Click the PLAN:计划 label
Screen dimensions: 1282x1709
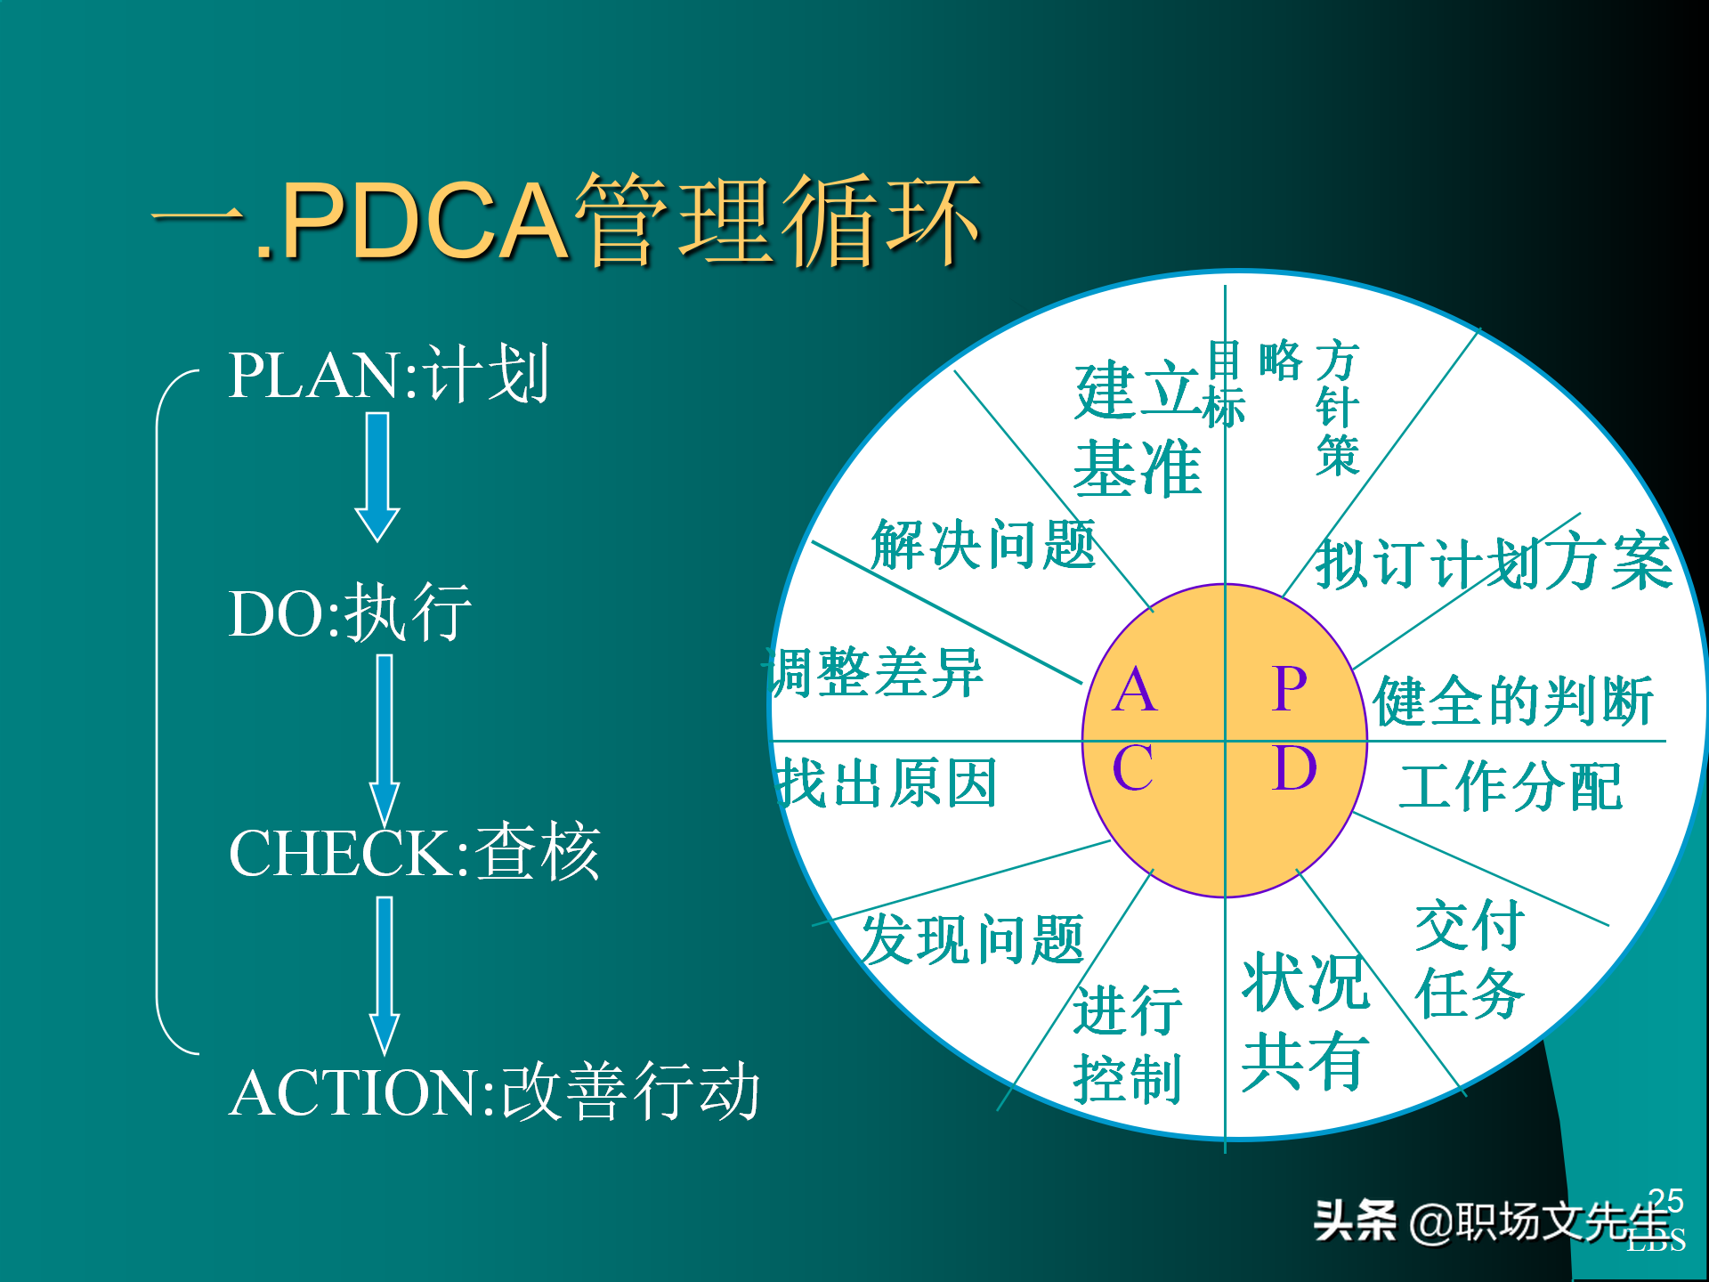pos(388,375)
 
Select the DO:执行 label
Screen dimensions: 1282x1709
pos(350,613)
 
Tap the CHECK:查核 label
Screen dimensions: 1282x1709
pos(414,853)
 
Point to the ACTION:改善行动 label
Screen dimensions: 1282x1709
pos(494,1091)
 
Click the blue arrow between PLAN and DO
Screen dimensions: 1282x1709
pos(377,476)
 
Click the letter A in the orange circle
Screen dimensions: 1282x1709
pos(1135,690)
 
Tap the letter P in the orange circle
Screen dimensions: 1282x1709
pos(1290,688)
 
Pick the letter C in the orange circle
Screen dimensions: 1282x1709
pos(1133,767)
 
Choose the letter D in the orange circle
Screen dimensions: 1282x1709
pos(1293,767)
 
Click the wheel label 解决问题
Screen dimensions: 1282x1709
pos(983,544)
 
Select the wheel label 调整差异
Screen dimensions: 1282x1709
pos(877,673)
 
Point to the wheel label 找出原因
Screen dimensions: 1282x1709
pos(887,783)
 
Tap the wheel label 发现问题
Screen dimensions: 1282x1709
pos(972,939)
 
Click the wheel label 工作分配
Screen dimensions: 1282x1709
pos(1511,786)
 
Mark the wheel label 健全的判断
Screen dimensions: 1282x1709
pos(1513,701)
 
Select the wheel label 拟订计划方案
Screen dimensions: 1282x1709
pos(1494,564)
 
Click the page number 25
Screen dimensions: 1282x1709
pos(1665,1200)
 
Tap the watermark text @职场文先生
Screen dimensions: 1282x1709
pos(1540,1221)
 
